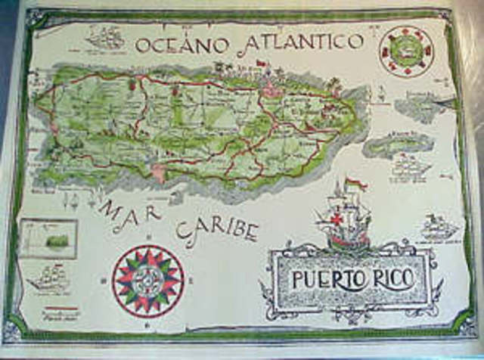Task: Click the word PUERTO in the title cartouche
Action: (x=327, y=279)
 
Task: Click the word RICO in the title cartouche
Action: (x=393, y=278)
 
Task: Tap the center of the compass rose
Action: (x=148, y=281)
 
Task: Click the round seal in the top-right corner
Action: (x=406, y=50)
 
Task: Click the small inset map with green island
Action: (x=49, y=238)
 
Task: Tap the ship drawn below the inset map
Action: (x=49, y=279)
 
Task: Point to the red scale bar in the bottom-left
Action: (x=63, y=309)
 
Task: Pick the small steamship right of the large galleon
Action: (x=439, y=227)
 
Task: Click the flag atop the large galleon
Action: (x=354, y=184)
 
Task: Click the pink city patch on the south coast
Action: (x=158, y=173)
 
